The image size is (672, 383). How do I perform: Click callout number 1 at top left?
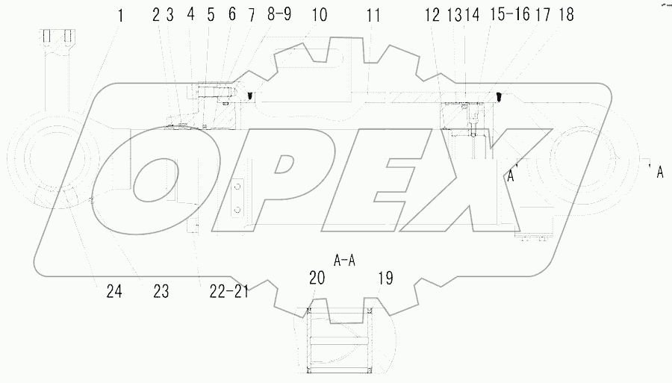(x=119, y=13)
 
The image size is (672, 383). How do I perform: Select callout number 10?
(x=320, y=14)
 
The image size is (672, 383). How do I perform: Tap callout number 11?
(x=373, y=14)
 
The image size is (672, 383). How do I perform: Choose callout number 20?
(x=317, y=278)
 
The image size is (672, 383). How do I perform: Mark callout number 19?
(x=385, y=278)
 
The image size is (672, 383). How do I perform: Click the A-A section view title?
(x=343, y=261)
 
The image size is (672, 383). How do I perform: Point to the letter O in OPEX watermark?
(x=161, y=180)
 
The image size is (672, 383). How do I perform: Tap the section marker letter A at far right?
(x=659, y=172)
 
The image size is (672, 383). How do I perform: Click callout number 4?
(x=191, y=14)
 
